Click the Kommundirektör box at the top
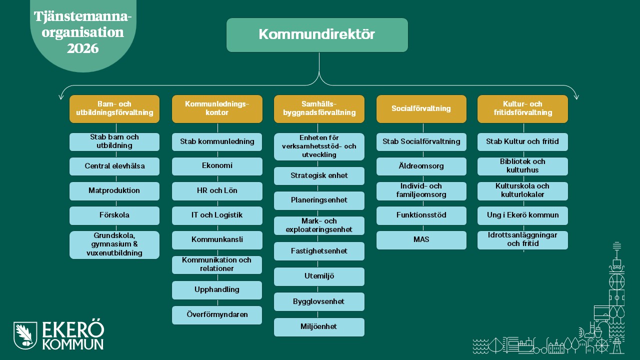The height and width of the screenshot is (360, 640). click(x=317, y=35)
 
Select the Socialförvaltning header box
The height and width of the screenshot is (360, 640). click(x=421, y=109)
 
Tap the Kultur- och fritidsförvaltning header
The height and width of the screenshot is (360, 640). click(x=522, y=109)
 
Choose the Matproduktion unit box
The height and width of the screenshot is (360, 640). click(x=114, y=191)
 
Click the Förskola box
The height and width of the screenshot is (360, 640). click(x=114, y=215)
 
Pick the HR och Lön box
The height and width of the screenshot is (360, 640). click(x=217, y=191)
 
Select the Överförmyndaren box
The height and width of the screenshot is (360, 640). click(x=217, y=315)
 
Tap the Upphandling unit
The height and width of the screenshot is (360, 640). click(x=217, y=290)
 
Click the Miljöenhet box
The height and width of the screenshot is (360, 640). click(x=319, y=327)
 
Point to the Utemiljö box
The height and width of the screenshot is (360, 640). click(x=319, y=276)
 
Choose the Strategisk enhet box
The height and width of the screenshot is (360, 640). click(x=319, y=175)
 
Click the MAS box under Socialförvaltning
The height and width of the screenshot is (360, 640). click(x=421, y=240)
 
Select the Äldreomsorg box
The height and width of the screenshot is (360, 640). click(x=421, y=166)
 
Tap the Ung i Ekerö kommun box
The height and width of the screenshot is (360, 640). click(x=522, y=215)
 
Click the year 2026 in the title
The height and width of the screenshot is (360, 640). click(x=83, y=48)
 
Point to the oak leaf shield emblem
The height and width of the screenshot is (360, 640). click(x=25, y=335)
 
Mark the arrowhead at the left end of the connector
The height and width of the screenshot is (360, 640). click(x=61, y=97)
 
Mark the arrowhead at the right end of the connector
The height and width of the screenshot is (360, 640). click(x=576, y=97)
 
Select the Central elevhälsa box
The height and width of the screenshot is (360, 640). click(x=114, y=166)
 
